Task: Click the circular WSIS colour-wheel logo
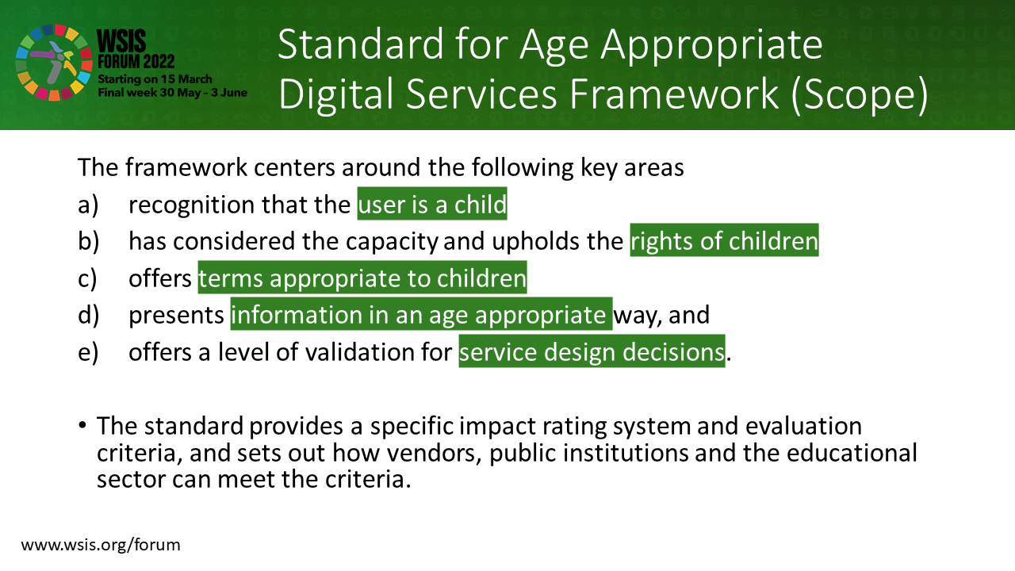[54, 63]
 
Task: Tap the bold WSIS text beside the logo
[121, 41]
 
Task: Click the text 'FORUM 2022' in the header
[136, 62]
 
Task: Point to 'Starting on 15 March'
[155, 79]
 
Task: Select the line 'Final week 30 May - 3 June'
[173, 93]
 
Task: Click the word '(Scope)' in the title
[860, 94]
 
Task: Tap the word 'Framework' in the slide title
[674, 94]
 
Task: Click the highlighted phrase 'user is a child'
[432, 204]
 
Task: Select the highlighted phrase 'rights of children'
[724, 240]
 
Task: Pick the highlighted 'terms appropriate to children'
[362, 278]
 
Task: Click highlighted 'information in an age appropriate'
[421, 314]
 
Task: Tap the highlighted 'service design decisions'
[592, 351]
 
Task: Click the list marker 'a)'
[88, 205]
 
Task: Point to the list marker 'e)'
[88, 353]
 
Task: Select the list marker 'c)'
[87, 278]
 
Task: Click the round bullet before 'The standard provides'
[82, 425]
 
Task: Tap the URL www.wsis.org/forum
[101, 545]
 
